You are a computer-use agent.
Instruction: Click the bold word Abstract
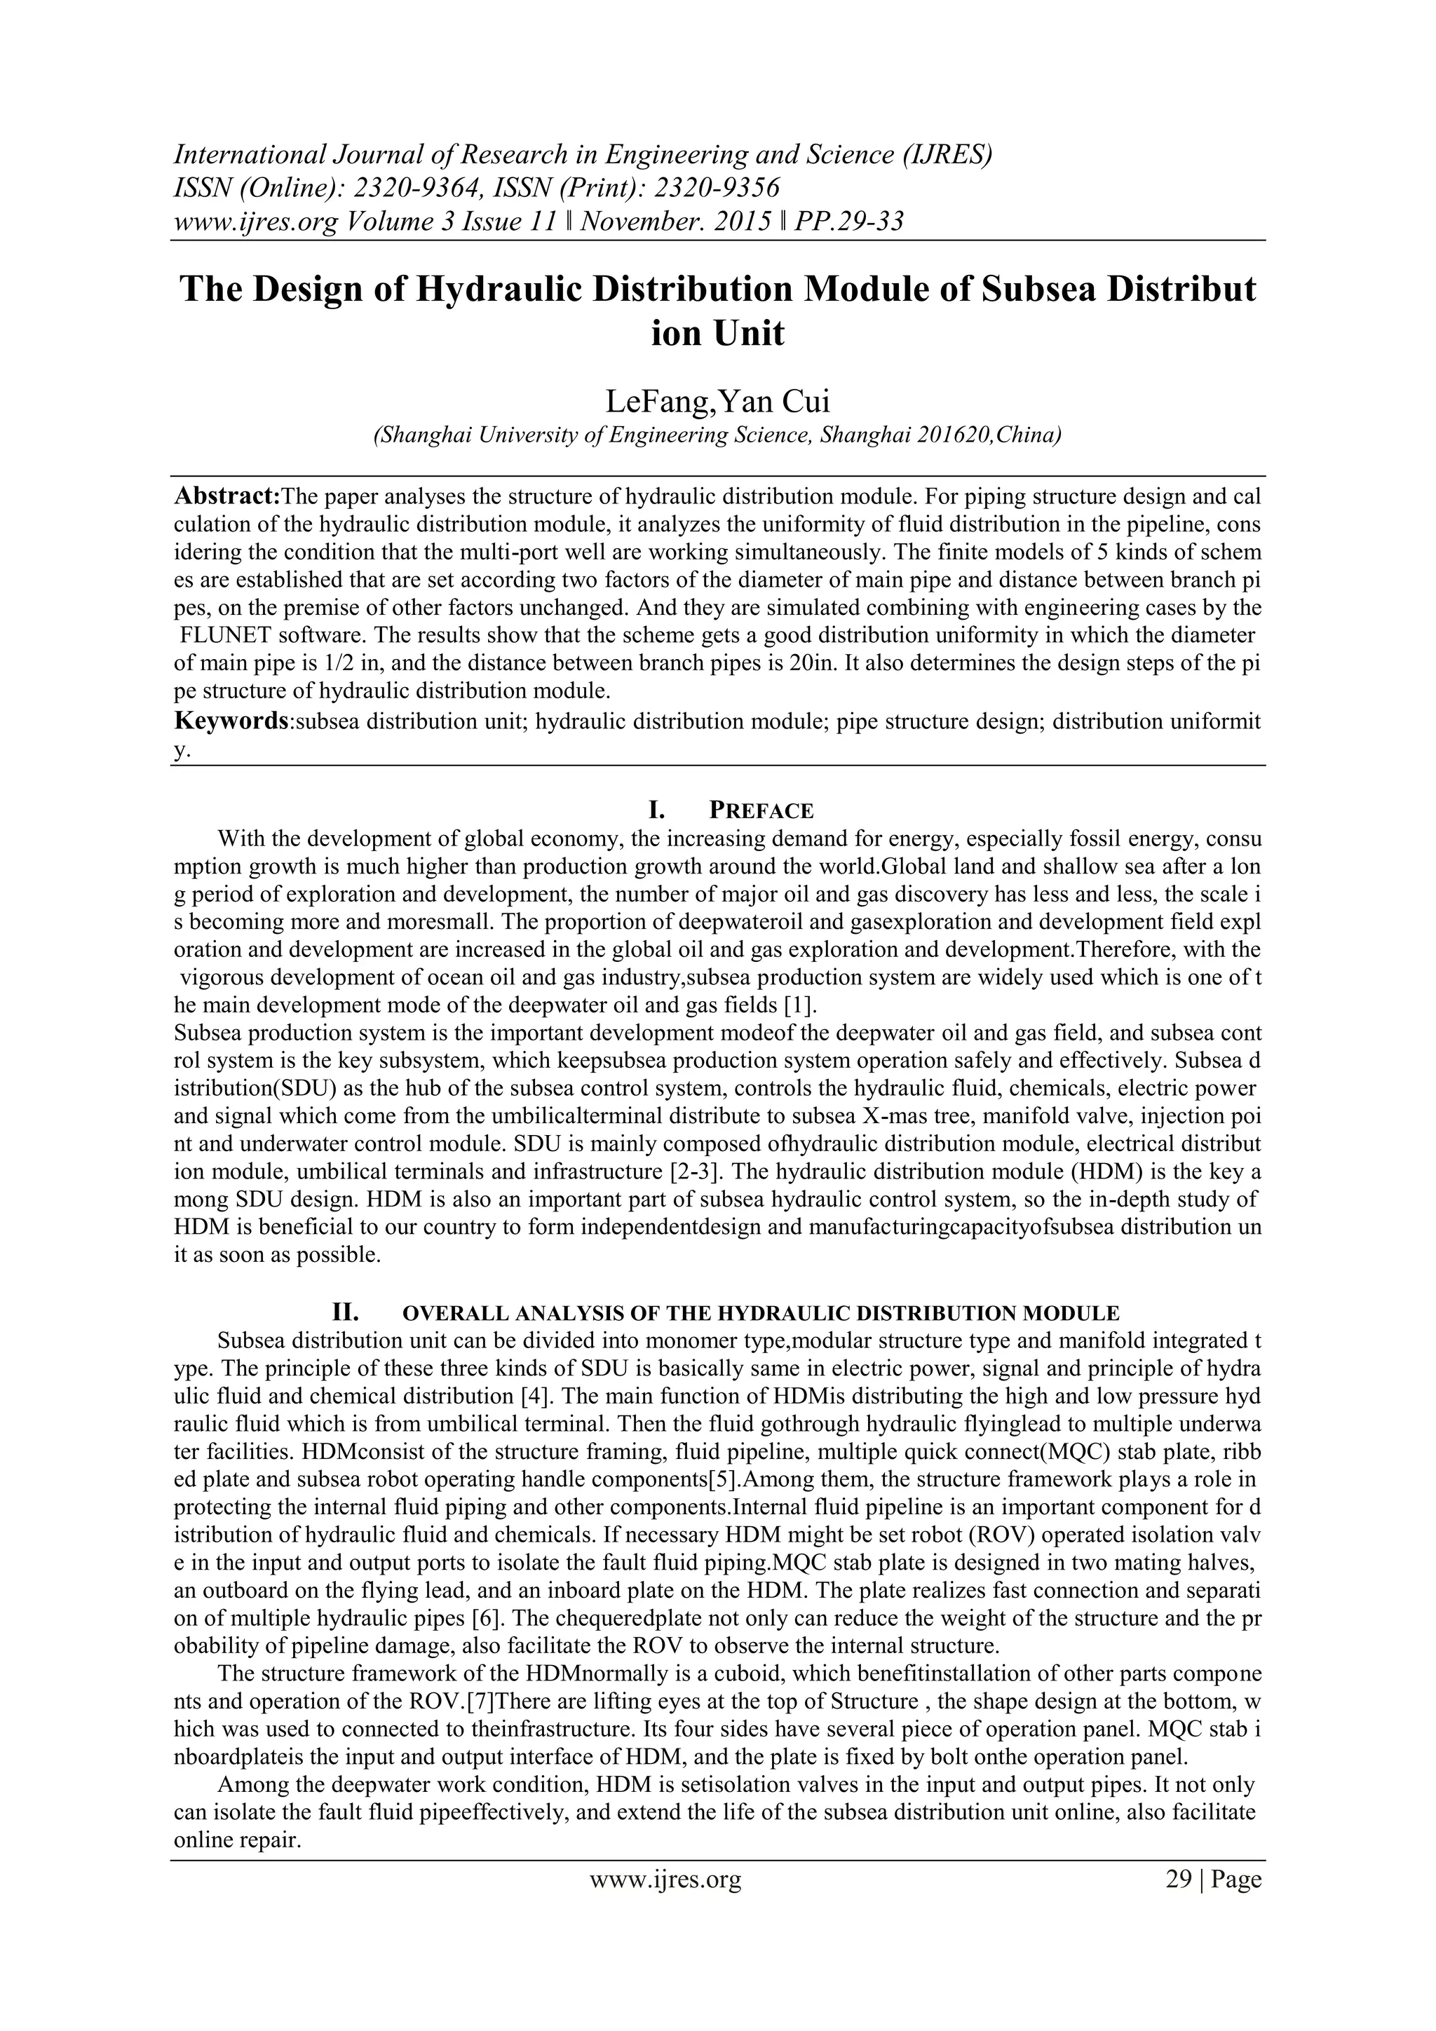pos(226,496)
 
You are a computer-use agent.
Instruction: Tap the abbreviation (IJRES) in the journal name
pos(947,154)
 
